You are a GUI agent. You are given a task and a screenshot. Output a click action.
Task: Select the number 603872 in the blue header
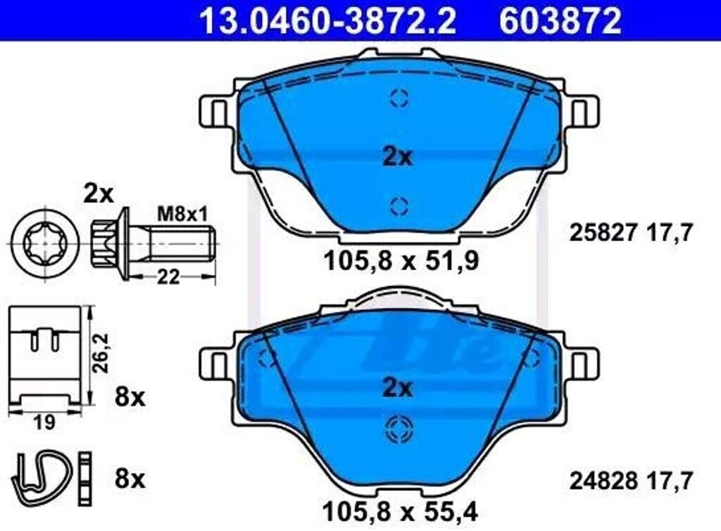(560, 20)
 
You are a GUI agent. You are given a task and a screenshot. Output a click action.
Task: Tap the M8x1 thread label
(182, 214)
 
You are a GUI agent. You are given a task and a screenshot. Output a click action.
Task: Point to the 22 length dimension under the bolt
(168, 277)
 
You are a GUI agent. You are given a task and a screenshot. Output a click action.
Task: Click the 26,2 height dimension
(100, 353)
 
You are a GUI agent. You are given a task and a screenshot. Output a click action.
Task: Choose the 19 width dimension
(44, 423)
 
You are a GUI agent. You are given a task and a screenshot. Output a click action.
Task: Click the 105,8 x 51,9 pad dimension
(401, 262)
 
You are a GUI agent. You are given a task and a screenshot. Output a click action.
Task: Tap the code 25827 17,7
(631, 233)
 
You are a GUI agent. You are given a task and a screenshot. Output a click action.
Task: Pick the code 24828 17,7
(631, 481)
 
